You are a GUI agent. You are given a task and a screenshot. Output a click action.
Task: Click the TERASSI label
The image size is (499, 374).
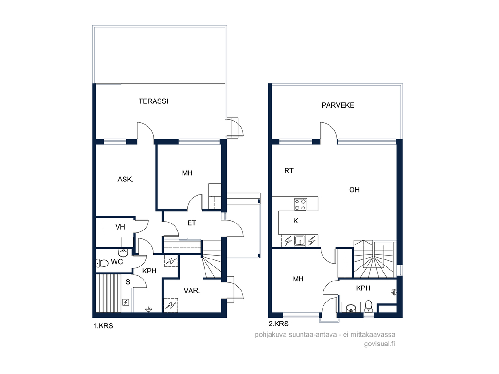pos(154,101)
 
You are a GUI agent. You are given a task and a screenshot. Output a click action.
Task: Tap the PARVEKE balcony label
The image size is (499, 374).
pos(338,105)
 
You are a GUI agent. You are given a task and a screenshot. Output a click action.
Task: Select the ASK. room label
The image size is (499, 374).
pos(126,179)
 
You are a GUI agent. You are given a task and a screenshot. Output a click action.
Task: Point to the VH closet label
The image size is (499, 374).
pos(120,227)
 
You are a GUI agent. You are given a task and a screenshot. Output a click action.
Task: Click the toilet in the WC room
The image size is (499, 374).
pos(103,263)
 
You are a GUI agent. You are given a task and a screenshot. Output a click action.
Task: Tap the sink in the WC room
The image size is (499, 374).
pos(123,252)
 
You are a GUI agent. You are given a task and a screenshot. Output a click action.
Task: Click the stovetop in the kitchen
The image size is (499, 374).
pos(300,204)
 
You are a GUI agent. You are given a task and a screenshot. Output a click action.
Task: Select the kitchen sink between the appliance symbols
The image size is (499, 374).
pos(300,241)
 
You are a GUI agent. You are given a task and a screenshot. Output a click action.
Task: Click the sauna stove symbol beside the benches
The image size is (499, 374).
pos(126,302)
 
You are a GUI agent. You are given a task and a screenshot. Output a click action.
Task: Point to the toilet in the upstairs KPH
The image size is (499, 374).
pos(368,305)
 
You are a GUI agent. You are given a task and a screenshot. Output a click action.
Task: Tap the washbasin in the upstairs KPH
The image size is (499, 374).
pos(351,308)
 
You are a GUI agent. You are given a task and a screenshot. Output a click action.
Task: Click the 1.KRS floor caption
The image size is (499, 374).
pos(103,326)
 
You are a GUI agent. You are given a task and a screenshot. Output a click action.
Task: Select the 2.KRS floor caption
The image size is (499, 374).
pos(279,324)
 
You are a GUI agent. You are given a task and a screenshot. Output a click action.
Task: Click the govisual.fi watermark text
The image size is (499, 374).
pos(379,344)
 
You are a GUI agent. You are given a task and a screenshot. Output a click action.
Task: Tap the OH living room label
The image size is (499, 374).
pos(354,190)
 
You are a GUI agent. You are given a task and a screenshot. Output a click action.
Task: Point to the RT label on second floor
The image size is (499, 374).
pos(289,171)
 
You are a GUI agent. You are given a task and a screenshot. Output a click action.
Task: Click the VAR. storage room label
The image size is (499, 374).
pos(191,290)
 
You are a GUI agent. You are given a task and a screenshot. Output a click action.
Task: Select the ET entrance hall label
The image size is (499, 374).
pos(191,223)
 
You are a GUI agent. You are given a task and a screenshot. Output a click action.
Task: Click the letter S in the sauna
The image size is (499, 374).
pos(128,282)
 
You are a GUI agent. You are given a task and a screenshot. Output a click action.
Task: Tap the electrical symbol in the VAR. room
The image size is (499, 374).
pos(171,305)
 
